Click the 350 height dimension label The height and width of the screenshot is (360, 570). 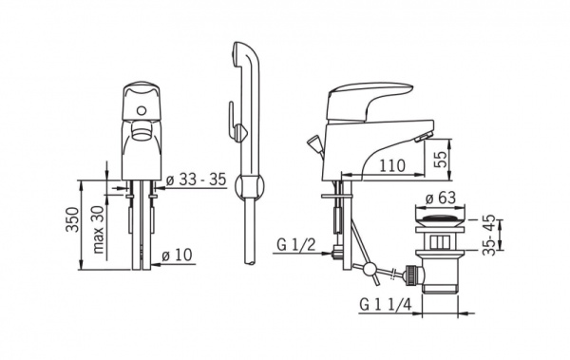pos(72,219)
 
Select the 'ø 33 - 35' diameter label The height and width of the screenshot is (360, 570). pos(197,180)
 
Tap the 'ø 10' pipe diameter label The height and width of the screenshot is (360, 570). pos(177,255)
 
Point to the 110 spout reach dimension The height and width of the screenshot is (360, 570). pos(392,165)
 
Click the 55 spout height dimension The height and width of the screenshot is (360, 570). pos(441,159)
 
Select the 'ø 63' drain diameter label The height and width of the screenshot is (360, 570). pos(441,198)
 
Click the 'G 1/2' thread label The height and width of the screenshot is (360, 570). pos(295,245)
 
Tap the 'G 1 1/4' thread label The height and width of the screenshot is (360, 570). pos(386,304)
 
